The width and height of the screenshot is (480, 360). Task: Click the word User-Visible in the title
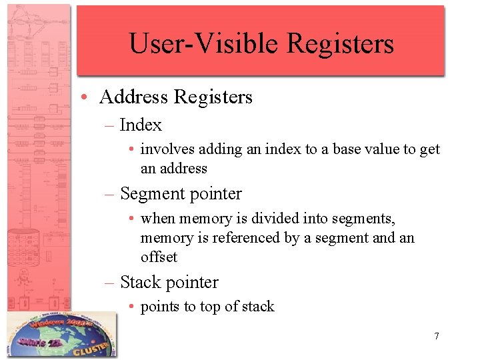click(x=203, y=44)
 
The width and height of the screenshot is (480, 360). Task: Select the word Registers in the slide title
click(x=340, y=44)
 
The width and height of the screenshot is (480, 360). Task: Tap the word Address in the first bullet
click(x=133, y=97)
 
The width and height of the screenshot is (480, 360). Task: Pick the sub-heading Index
click(x=141, y=125)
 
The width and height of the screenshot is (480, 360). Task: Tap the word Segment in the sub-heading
click(x=151, y=194)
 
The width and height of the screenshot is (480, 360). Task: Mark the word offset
click(x=159, y=257)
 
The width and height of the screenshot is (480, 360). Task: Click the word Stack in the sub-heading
click(x=141, y=283)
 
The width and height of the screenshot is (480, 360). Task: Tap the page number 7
click(x=437, y=336)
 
